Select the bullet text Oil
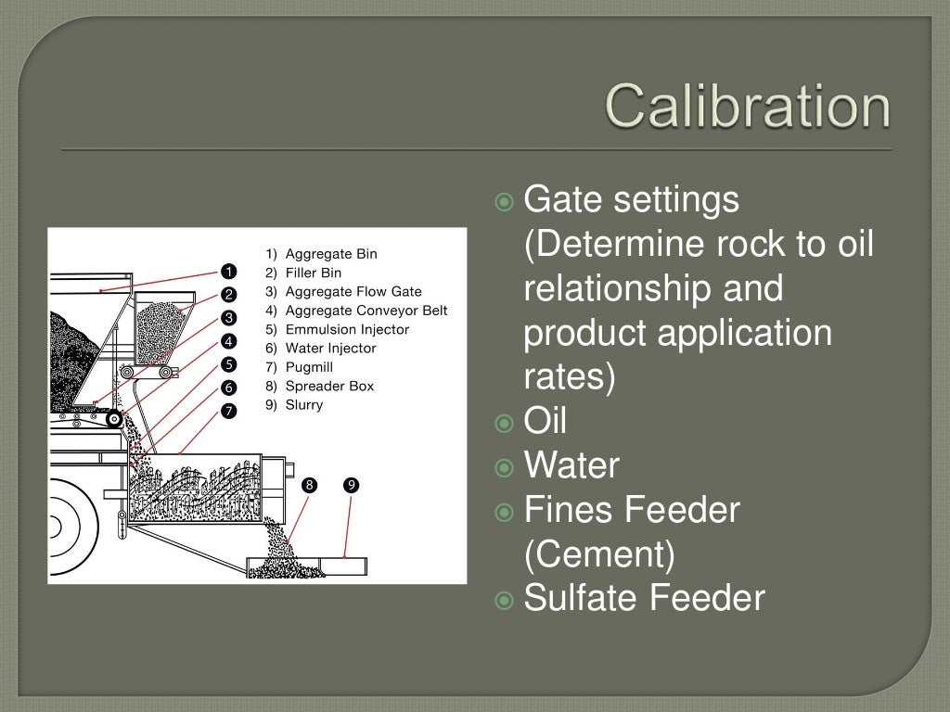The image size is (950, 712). point(546,421)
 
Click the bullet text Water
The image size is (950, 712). point(571,464)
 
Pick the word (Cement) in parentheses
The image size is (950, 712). point(599,554)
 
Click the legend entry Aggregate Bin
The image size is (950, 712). point(331,253)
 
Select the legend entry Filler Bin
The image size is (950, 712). point(314,273)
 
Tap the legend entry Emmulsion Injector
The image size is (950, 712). point(347,329)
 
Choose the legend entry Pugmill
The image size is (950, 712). point(311,367)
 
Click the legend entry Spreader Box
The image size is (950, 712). point(329,386)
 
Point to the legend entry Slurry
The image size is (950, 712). point(304,405)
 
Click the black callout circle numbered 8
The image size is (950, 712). point(310,485)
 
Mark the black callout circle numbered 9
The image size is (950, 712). point(351,485)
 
